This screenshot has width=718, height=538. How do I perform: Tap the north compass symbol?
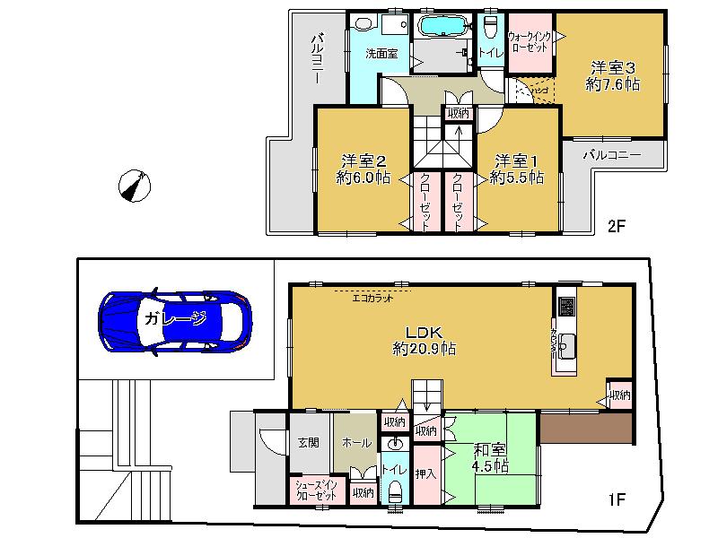(x=135, y=187)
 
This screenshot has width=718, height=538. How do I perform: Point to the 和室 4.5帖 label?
(x=490, y=458)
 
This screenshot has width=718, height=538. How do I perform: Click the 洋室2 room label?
(x=363, y=169)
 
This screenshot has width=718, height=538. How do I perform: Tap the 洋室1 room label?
(x=517, y=169)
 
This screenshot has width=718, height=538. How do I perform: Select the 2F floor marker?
(x=616, y=226)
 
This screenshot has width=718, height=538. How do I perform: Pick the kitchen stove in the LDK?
(x=567, y=306)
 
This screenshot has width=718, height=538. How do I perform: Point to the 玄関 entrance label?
(x=309, y=443)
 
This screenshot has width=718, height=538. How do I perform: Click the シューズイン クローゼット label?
(x=316, y=490)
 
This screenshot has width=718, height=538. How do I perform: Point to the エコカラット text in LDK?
(x=372, y=299)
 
